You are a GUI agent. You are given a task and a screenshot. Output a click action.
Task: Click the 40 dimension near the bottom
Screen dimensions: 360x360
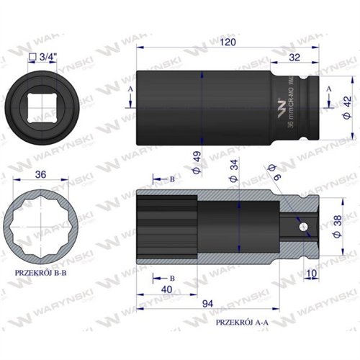(x=167, y=290)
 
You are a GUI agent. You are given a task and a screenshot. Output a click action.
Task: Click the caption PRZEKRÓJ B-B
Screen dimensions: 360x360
(x=43, y=274)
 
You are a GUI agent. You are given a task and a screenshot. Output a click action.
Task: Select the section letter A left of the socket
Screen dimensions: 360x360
(x=130, y=89)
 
